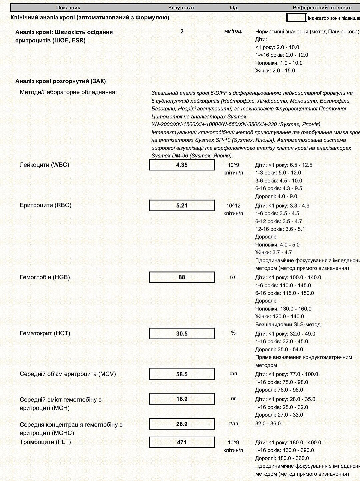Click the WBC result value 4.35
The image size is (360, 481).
coord(182,165)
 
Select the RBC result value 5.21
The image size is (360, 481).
coord(182,205)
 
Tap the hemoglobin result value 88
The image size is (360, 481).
coord(182,277)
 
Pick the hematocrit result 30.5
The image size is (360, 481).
coord(182,334)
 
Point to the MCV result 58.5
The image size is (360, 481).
coord(182,374)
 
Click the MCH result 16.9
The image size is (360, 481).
coord(182,399)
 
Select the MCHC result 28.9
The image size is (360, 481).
coord(182,424)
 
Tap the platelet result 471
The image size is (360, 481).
coord(182,442)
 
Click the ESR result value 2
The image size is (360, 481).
coord(182,31)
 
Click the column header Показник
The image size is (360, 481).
coord(68,7)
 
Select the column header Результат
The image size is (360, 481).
coord(181,7)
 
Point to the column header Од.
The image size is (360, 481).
coord(234,7)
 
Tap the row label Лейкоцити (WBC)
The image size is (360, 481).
coord(44,165)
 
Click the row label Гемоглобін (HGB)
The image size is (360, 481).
coord(45,277)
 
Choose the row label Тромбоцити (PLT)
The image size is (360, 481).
coord(45,442)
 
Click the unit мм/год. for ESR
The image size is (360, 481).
coord(233,31)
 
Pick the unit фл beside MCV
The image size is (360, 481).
coord(233,374)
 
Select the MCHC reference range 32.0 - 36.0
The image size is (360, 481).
coord(268,424)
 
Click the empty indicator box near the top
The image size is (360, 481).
coord(296,18)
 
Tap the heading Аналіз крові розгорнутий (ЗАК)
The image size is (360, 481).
coord(60,81)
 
